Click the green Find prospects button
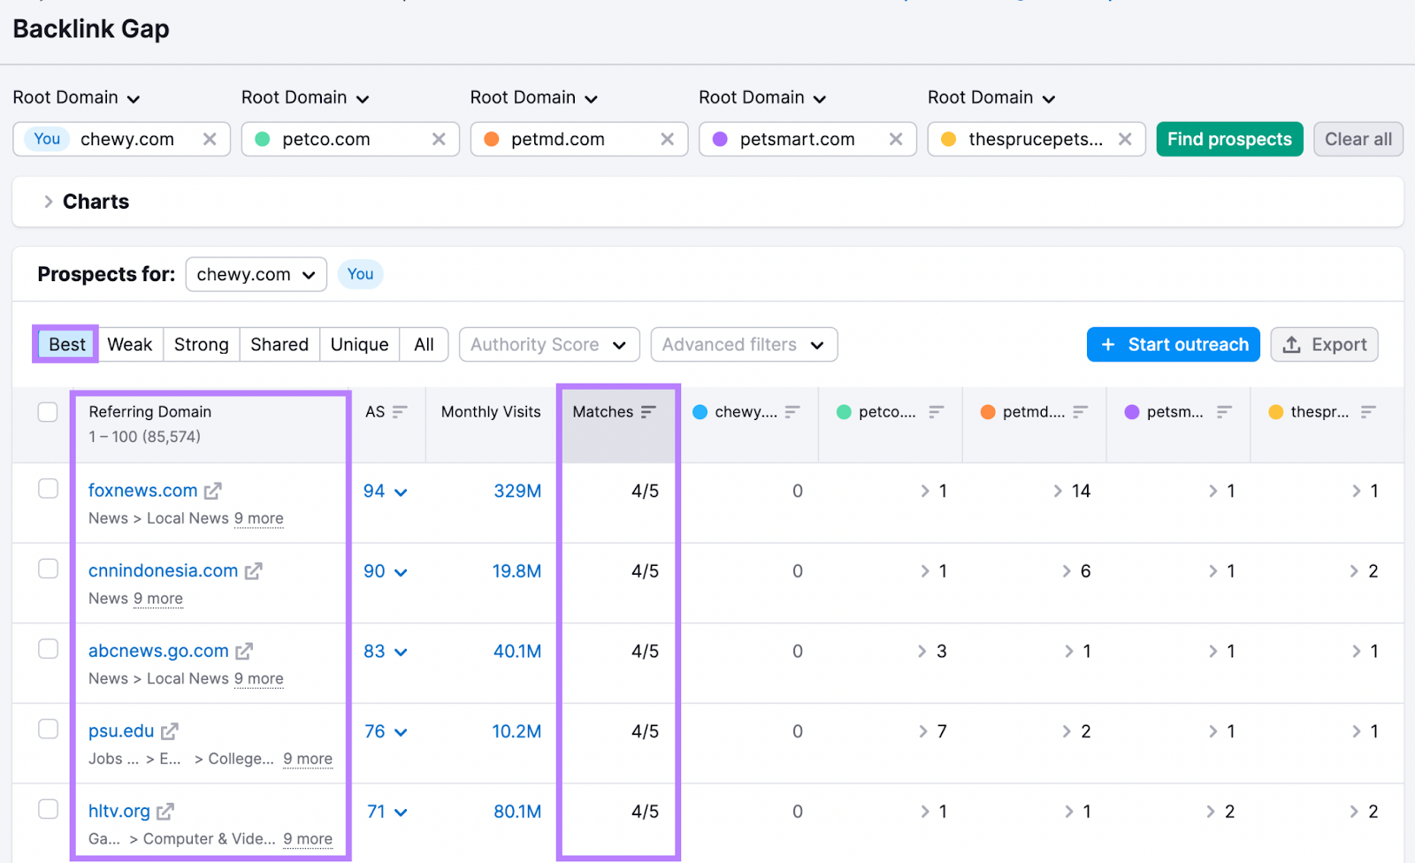point(1228,139)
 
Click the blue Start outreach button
point(1173,345)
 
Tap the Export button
point(1324,345)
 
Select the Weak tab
point(130,345)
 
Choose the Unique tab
point(359,345)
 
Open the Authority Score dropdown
point(548,345)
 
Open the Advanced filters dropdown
point(743,345)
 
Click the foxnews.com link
point(142,491)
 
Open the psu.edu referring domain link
point(121,731)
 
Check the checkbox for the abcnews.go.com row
point(48,649)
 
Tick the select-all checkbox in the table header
point(48,412)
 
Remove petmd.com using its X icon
point(668,139)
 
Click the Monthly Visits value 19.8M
point(516,571)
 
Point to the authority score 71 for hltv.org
point(376,812)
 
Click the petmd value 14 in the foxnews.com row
point(1081,491)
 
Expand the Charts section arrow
point(49,202)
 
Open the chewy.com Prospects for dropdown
point(256,274)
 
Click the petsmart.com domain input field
point(796,139)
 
